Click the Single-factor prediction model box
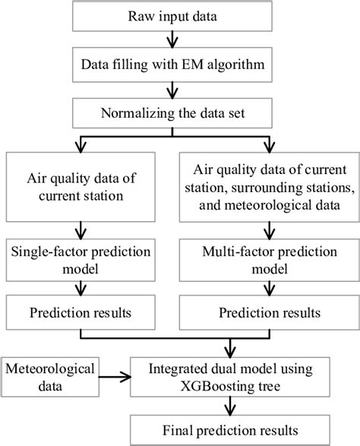79,260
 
